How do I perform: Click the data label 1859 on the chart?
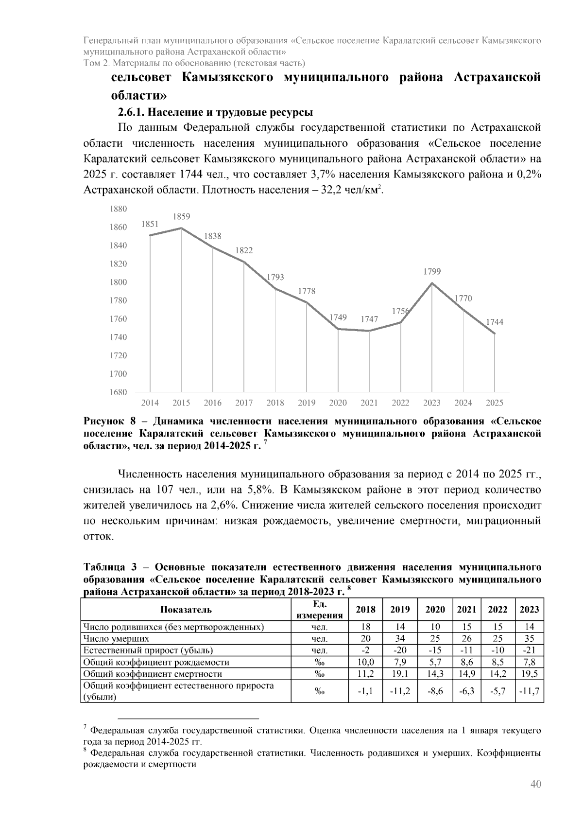pos(182,217)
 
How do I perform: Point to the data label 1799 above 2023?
pos(432,272)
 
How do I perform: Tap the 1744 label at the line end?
pos(495,322)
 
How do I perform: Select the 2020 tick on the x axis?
pos(338,403)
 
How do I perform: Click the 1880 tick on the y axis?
pos(118,209)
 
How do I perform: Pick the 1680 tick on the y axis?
pos(118,392)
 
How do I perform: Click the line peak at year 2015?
pos(182,228)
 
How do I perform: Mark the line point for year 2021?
pos(369,331)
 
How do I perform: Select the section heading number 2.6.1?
pos(131,112)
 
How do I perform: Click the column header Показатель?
pos(186,610)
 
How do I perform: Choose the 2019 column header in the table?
pos(400,610)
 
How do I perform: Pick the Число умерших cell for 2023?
pos(529,639)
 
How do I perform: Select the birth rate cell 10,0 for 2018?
pos(366,662)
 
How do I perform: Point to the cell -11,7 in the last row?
pos(529,691)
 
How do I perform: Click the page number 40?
pos(535,784)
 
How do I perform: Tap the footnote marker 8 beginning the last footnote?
pos(86,751)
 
